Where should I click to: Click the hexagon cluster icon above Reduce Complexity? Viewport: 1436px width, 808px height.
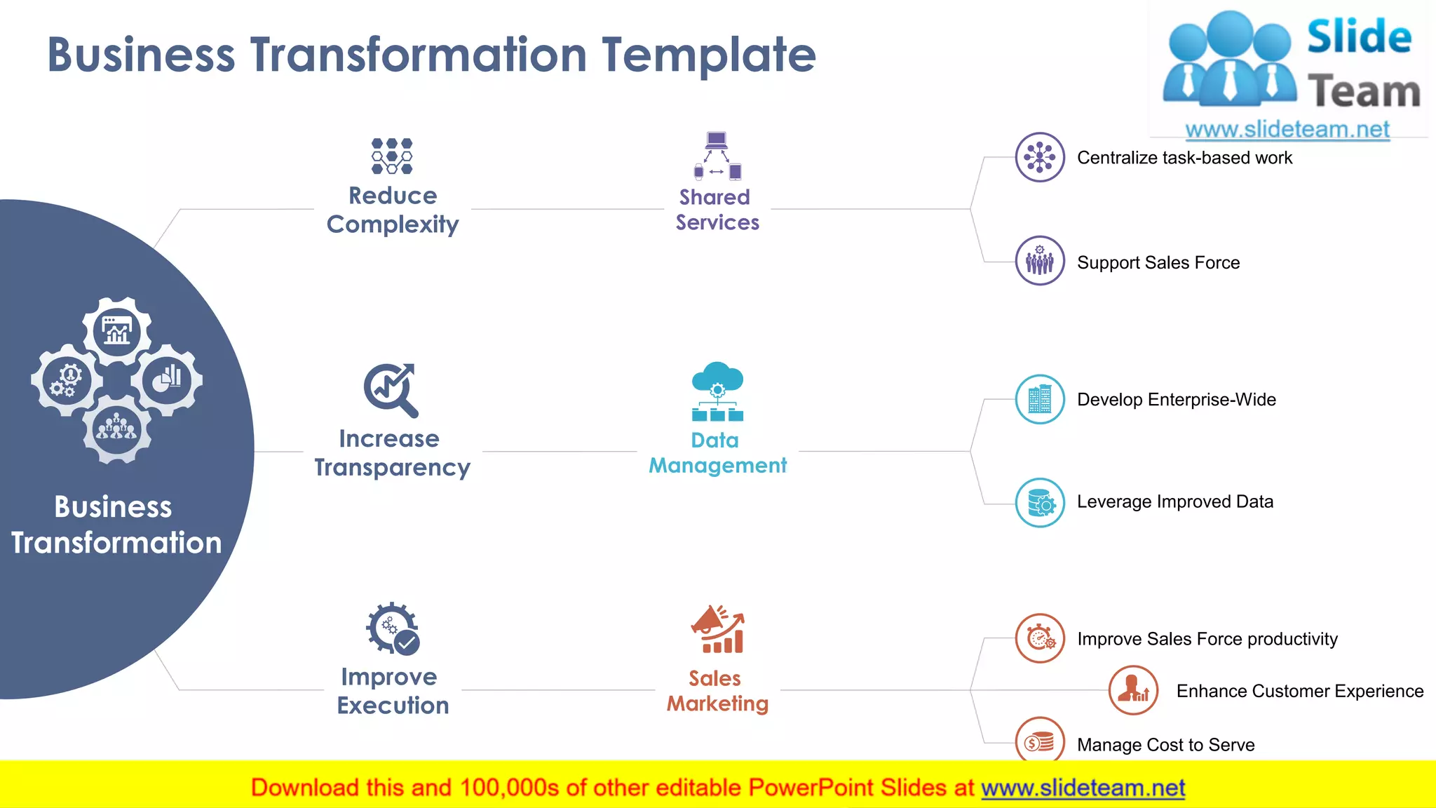point(392,156)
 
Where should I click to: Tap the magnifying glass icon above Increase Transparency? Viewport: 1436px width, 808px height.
point(391,389)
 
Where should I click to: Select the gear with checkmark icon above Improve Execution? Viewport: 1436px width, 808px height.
point(393,628)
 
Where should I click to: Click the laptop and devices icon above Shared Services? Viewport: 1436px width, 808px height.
point(717,156)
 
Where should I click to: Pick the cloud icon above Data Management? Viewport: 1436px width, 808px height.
point(717,391)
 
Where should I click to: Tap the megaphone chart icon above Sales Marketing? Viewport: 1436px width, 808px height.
point(717,629)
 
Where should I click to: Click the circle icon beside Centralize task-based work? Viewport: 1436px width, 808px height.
point(1040,157)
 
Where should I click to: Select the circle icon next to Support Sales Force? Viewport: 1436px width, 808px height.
point(1040,260)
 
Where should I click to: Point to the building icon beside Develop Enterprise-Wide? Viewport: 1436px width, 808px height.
point(1040,399)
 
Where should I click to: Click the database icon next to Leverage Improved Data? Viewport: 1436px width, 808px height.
point(1040,502)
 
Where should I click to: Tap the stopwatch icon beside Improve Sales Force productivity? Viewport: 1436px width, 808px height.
point(1041,638)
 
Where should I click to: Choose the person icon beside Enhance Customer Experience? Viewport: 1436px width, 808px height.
point(1133,690)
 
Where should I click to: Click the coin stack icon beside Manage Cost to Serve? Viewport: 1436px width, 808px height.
point(1040,741)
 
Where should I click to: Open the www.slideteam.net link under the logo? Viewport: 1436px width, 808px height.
point(1287,130)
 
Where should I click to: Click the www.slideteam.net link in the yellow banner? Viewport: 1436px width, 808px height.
point(1083,788)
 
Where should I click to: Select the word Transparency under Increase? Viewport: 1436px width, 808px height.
point(392,468)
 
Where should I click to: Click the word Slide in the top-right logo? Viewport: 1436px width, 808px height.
point(1359,37)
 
